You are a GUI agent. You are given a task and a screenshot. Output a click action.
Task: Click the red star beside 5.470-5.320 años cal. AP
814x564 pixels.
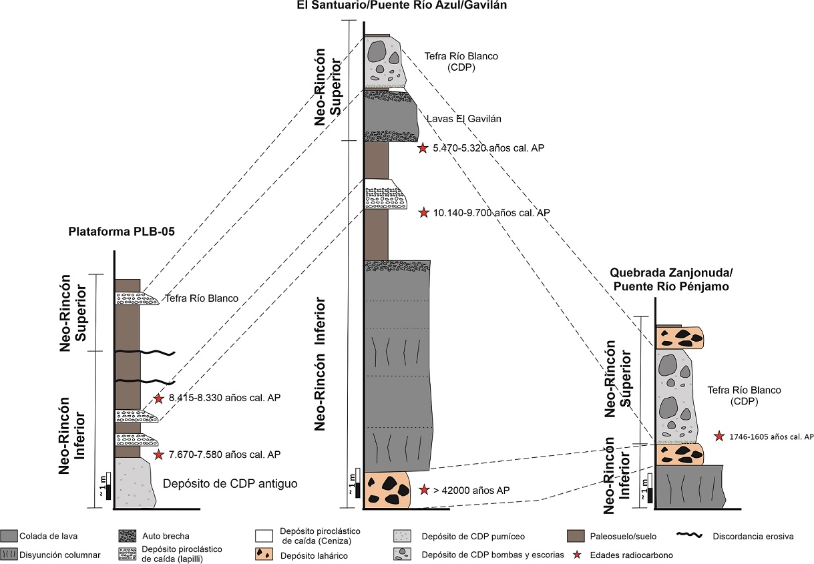(x=422, y=148)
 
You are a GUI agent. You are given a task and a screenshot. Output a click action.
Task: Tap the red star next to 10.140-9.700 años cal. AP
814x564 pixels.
(x=423, y=212)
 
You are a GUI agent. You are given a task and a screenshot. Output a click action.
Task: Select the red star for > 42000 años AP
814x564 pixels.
(x=423, y=490)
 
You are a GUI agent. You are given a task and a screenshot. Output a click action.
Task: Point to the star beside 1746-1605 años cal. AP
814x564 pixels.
(x=719, y=436)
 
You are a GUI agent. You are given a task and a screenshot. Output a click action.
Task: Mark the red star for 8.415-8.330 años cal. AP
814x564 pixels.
(x=159, y=398)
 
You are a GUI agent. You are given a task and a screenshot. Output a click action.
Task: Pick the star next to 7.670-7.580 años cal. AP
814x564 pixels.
(x=159, y=455)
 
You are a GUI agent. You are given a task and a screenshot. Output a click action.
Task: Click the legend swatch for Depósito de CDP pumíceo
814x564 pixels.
(x=406, y=535)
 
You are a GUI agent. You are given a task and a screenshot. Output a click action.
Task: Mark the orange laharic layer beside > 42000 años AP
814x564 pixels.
(x=389, y=491)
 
